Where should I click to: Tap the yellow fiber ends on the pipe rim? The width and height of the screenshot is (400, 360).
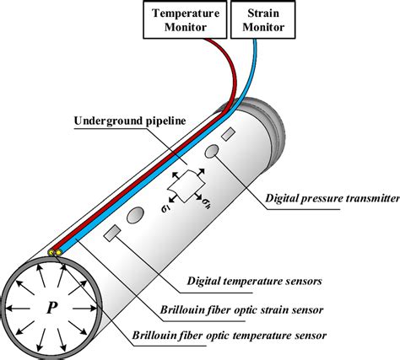point(56,252)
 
